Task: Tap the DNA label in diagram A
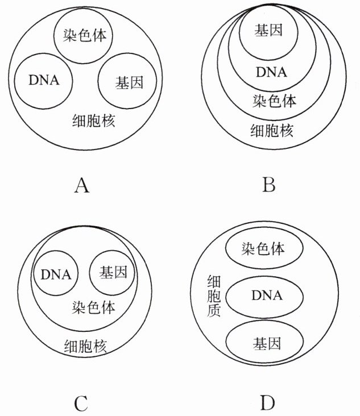tap(44, 80)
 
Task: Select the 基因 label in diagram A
tap(127, 82)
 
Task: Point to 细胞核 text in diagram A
tap(94, 121)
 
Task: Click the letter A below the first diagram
tap(82, 186)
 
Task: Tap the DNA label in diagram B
tap(271, 72)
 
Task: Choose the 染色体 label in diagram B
tap(274, 102)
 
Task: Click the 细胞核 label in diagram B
tap(272, 132)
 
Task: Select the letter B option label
tap(269, 186)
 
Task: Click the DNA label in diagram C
tap(56, 275)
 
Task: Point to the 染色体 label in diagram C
tap(94, 307)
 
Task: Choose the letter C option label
tap(81, 404)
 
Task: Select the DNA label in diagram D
tap(267, 296)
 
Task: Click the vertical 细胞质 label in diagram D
tap(214, 296)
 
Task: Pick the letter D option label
tap(268, 404)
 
